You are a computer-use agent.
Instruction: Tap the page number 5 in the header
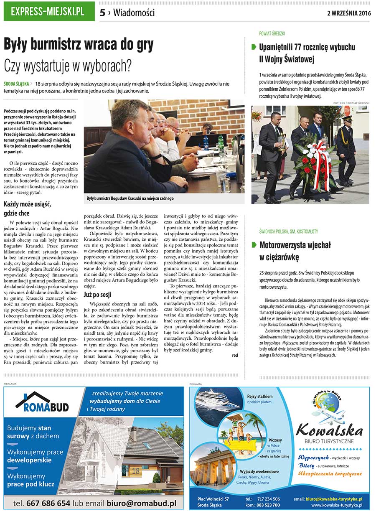tap(103, 13)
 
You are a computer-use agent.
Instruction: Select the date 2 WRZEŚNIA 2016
tap(349, 13)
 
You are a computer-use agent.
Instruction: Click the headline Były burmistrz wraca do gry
tap(79, 45)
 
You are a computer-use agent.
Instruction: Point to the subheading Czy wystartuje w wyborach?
tap(68, 65)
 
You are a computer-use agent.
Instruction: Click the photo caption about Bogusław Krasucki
tap(130, 198)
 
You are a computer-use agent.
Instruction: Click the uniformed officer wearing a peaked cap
tap(346, 150)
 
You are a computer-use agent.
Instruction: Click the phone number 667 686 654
tap(48, 503)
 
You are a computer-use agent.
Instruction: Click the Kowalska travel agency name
tap(329, 430)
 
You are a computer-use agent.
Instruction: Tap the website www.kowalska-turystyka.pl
tap(336, 505)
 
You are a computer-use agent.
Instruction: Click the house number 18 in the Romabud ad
tap(136, 471)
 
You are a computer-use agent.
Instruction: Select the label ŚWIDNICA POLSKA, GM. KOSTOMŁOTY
tap(289, 231)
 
